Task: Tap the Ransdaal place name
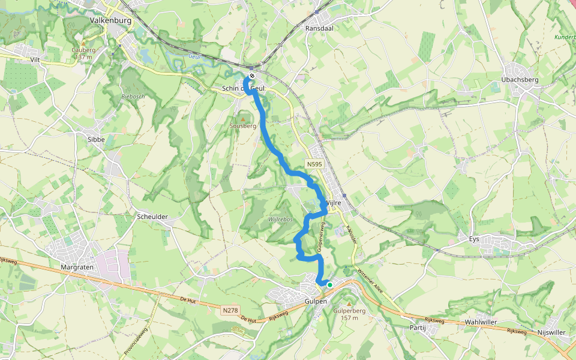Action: point(318,28)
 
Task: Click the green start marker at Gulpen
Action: point(329,284)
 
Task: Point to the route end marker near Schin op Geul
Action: point(253,76)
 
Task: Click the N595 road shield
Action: point(314,164)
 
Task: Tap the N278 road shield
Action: point(230,310)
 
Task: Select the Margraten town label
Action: point(79,266)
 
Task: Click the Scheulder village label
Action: point(152,217)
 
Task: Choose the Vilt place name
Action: point(38,60)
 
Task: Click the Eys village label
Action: point(474,239)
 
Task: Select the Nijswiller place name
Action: point(552,332)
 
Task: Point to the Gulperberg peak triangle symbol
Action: point(349,304)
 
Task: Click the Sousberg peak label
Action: point(243,126)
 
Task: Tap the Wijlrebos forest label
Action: point(280,220)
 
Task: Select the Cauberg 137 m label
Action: point(83,53)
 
